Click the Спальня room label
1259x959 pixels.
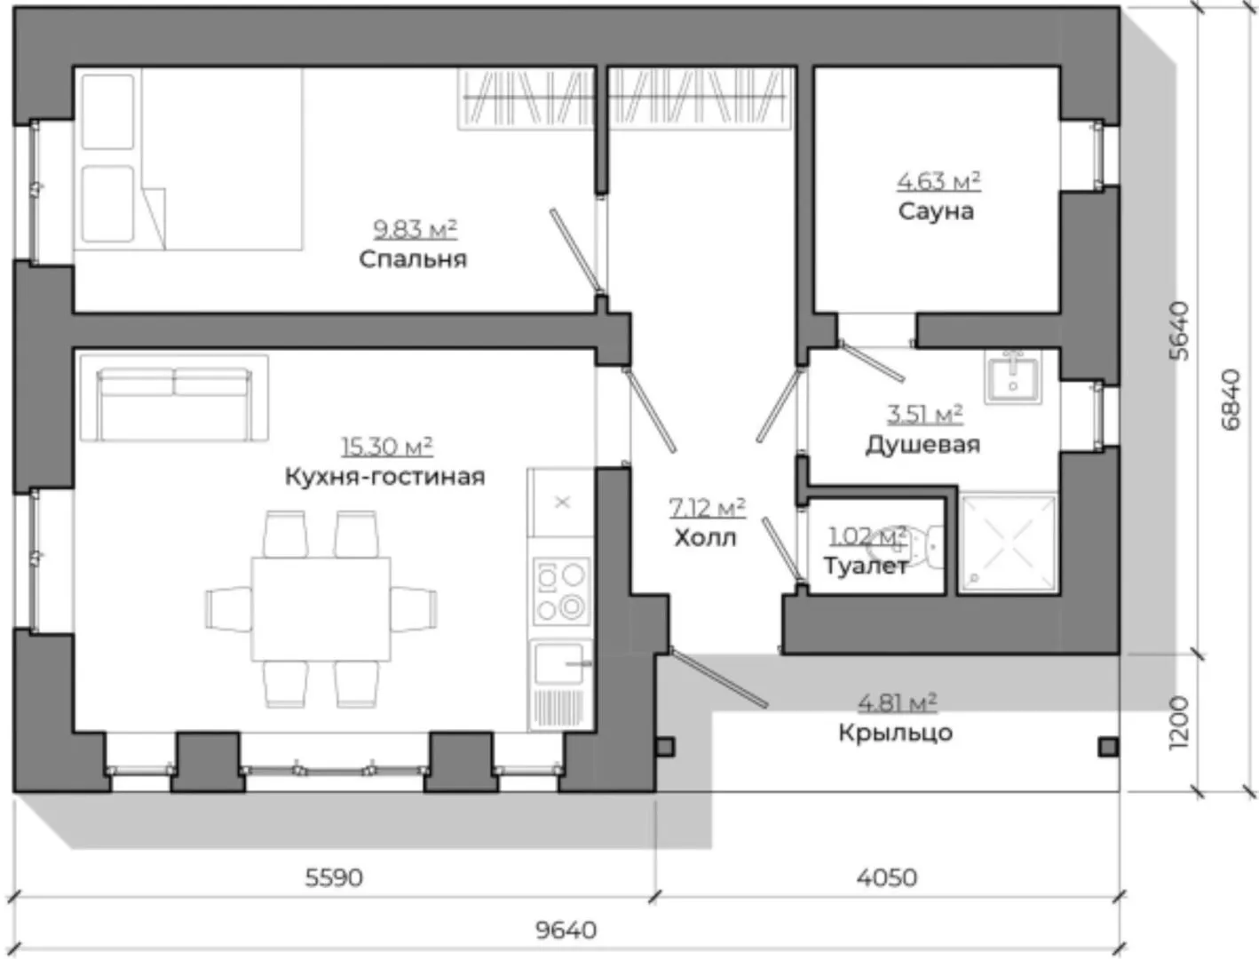(x=413, y=260)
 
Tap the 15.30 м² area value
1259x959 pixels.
(x=386, y=447)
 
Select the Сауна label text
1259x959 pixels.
(x=936, y=211)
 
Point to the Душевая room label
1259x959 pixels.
(x=922, y=445)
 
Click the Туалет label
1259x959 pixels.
(x=866, y=567)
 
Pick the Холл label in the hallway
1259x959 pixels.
(x=705, y=538)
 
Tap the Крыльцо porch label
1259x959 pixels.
(x=895, y=733)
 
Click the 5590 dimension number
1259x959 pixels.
(x=334, y=877)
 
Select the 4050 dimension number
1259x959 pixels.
(x=887, y=877)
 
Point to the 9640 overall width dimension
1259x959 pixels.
(x=566, y=931)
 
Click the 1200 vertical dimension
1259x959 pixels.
(x=1179, y=724)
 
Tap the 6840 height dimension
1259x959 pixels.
(x=1231, y=400)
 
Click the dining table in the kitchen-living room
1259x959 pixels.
(x=321, y=608)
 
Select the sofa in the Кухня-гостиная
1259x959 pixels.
(x=174, y=398)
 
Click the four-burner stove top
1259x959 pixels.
(x=561, y=590)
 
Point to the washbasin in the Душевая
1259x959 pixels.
(x=1013, y=376)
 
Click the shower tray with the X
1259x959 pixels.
(x=1008, y=542)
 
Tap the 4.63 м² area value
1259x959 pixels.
(x=938, y=182)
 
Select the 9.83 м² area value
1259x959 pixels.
(x=416, y=229)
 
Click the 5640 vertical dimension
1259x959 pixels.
(x=1179, y=331)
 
